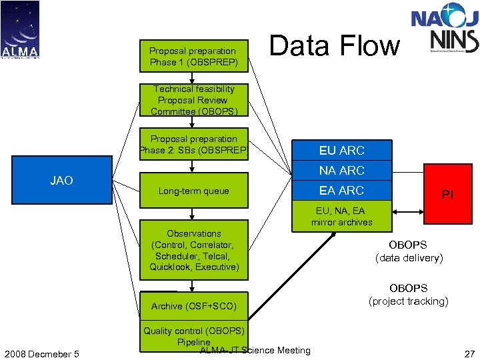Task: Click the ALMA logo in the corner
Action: coord(20,30)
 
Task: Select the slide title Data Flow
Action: coord(334,46)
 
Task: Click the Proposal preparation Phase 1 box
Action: coord(193,56)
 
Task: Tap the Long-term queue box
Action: coord(193,191)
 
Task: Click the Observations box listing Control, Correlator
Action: coord(193,250)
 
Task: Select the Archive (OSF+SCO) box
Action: coord(193,306)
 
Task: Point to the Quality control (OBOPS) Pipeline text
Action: coord(194,336)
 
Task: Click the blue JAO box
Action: coord(62,181)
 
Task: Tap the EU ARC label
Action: coord(341,151)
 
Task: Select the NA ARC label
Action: coord(341,171)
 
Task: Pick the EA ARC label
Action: coord(341,191)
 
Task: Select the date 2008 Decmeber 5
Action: coord(40,353)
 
